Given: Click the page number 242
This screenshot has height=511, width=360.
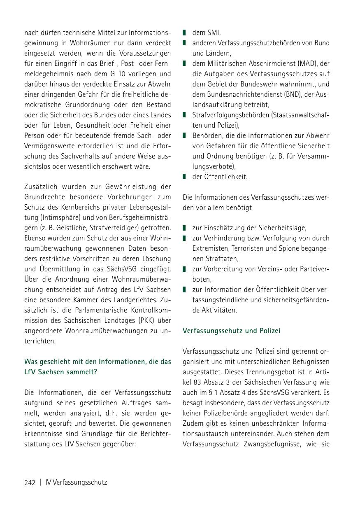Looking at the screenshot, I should pyautogui.click(x=30, y=482).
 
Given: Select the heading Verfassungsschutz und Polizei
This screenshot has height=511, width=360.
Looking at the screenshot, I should pyautogui.click(x=231, y=331).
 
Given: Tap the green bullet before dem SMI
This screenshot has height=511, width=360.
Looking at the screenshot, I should pyautogui.click(x=185, y=33).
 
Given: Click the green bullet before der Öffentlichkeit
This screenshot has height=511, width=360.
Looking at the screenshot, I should pyautogui.click(x=185, y=177).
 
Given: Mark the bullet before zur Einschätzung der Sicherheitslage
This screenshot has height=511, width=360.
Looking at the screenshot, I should pyautogui.click(x=185, y=228).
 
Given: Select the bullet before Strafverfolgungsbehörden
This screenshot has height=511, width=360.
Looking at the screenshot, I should pyautogui.click(x=185, y=115).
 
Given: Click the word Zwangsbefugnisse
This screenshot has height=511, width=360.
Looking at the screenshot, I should pyautogui.click(x=269, y=443).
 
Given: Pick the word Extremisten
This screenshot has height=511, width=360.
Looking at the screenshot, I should pyautogui.click(x=211, y=248).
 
